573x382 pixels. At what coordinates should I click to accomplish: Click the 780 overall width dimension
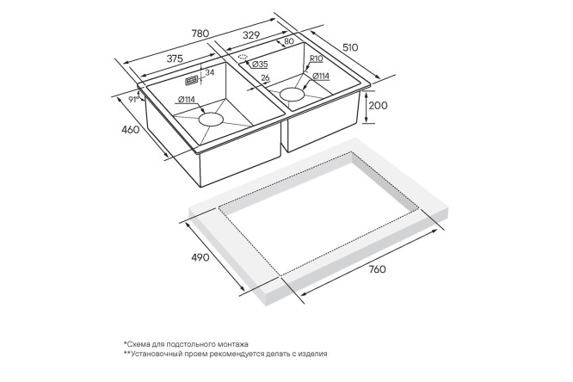(x=200, y=34)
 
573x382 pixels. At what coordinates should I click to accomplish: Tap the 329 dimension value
(x=251, y=35)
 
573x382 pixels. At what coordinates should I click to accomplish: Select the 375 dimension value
(x=175, y=59)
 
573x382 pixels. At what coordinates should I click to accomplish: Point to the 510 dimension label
(x=350, y=47)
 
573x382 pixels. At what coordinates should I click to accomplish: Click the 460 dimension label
(x=131, y=129)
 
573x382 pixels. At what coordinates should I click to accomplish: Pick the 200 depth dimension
(x=378, y=106)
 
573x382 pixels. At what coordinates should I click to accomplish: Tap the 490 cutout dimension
(x=200, y=257)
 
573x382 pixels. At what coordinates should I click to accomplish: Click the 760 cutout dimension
(x=377, y=269)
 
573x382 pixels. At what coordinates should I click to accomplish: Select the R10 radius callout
(x=317, y=59)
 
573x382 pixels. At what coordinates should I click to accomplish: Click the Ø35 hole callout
(x=260, y=65)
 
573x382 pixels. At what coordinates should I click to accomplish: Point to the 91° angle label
(x=133, y=99)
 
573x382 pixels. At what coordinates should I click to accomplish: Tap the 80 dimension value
(x=289, y=41)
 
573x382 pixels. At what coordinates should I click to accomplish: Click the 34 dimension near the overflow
(x=209, y=73)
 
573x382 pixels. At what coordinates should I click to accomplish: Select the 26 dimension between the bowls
(x=266, y=77)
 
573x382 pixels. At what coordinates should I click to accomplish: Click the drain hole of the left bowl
(x=211, y=120)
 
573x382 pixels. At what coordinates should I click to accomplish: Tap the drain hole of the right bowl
(x=292, y=95)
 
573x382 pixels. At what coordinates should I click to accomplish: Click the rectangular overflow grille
(x=192, y=81)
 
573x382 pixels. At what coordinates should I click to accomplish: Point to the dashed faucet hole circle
(x=243, y=57)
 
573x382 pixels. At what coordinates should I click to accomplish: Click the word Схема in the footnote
(x=136, y=344)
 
